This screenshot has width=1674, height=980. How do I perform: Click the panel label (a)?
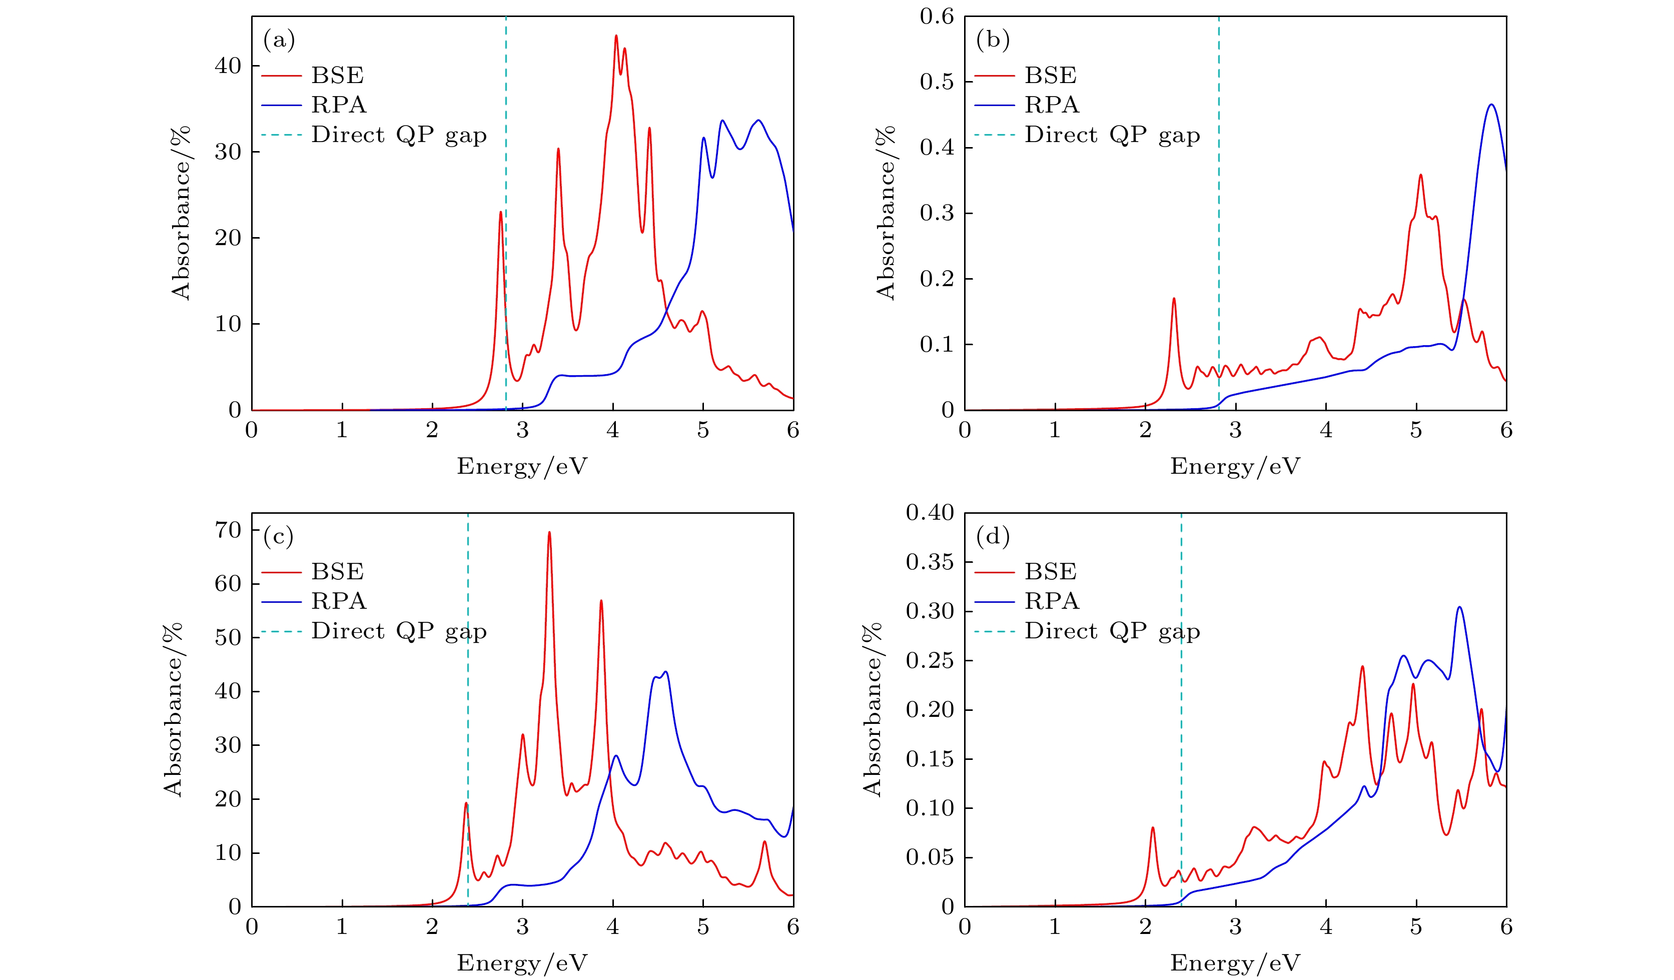pyautogui.click(x=279, y=40)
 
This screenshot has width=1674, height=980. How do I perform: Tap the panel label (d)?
pyautogui.click(x=993, y=536)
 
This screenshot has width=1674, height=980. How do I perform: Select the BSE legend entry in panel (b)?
pyautogui.click(x=1050, y=76)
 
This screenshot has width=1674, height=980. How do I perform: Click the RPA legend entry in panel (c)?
pyautogui.click(x=339, y=601)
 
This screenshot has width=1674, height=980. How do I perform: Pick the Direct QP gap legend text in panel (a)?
pyautogui.click(x=399, y=135)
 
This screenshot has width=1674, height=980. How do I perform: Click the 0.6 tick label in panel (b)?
pyautogui.click(x=937, y=17)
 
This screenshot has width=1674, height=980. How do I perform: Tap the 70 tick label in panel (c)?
pyautogui.click(x=228, y=530)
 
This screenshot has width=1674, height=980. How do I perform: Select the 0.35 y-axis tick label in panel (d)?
pyautogui.click(x=930, y=562)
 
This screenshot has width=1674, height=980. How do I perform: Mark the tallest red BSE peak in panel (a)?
pyautogui.click(x=616, y=36)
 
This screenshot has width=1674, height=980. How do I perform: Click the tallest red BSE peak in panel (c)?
pyautogui.click(x=549, y=532)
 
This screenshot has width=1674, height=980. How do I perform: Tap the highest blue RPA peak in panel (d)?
pyautogui.click(x=1459, y=607)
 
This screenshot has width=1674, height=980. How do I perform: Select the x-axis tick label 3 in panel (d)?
pyautogui.click(x=1236, y=927)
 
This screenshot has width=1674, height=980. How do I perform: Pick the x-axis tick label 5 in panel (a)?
pyautogui.click(x=703, y=431)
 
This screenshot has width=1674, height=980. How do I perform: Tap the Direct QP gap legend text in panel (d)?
pyautogui.click(x=1112, y=631)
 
